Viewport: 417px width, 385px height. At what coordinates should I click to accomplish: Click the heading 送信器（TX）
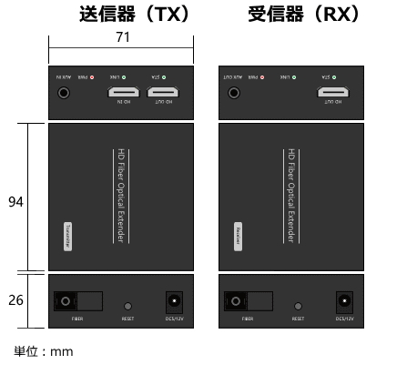(x=134, y=15)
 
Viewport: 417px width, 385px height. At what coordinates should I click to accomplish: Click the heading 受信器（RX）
(x=304, y=15)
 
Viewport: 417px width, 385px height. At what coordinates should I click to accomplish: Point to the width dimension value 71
(x=121, y=37)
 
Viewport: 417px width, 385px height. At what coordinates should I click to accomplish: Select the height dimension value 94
(x=15, y=202)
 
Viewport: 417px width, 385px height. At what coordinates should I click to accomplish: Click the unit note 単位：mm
(x=43, y=351)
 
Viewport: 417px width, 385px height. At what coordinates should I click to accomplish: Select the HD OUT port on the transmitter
(x=165, y=92)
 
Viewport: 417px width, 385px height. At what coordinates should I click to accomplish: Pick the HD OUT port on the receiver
(x=332, y=92)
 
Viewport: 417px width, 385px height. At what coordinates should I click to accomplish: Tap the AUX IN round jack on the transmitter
(x=64, y=92)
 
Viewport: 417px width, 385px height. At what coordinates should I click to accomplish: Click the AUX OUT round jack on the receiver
(x=233, y=92)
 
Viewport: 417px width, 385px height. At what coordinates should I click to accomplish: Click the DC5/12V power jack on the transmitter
(x=173, y=301)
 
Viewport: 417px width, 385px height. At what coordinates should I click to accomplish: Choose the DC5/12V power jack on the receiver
(x=343, y=301)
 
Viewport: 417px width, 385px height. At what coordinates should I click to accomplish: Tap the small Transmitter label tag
(x=67, y=235)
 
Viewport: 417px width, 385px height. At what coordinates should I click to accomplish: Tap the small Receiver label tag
(x=238, y=235)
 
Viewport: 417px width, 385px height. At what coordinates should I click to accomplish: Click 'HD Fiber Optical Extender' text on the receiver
(x=290, y=196)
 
